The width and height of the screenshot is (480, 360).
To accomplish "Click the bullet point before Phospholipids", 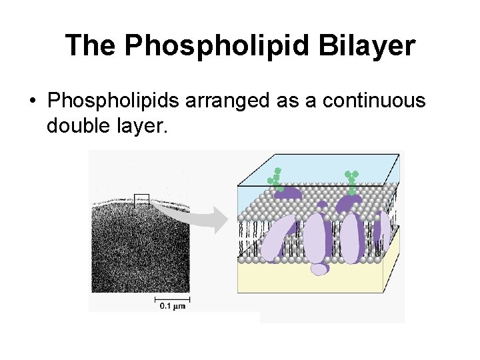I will tap(31, 102).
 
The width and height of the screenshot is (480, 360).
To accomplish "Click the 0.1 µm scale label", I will tap(171, 306).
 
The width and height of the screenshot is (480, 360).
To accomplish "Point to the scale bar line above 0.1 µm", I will tap(171, 297).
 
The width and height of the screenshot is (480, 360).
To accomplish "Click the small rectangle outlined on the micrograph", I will tap(141, 200).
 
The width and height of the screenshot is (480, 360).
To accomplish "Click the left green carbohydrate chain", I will tap(275, 178).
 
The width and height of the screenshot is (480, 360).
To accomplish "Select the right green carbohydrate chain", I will tap(351, 180).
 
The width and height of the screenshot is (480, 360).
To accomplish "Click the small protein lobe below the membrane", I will tap(320, 268).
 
